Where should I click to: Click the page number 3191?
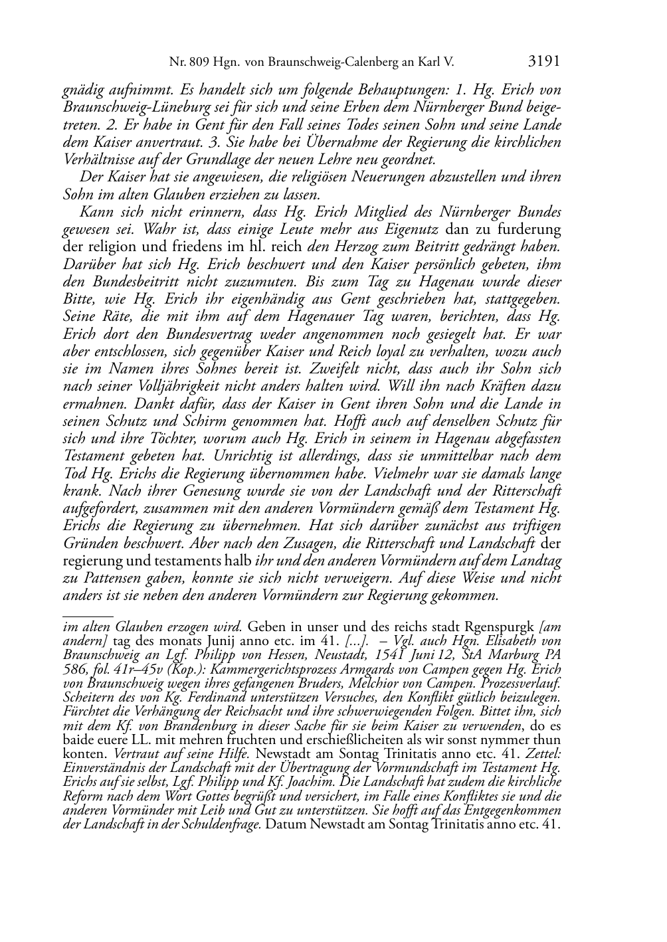click(x=544, y=62)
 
